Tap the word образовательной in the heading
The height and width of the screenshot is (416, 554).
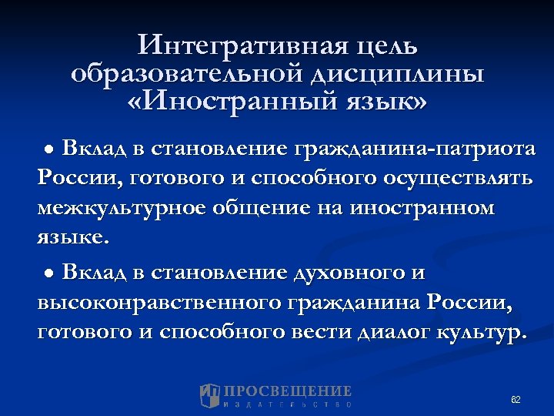[x=186, y=73]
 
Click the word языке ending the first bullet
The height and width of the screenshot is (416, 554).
[x=72, y=238]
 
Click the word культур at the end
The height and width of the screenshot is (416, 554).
[x=481, y=334]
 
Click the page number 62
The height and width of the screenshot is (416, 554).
[x=516, y=400]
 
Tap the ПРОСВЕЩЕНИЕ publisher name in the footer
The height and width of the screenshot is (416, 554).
[x=288, y=391]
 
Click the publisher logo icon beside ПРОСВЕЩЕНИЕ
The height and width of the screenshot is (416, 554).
[x=210, y=395]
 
